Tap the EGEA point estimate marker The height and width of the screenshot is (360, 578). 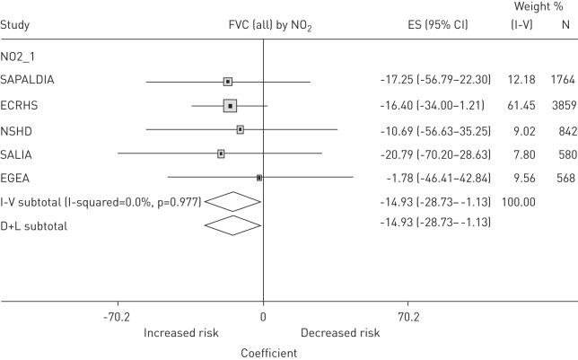pyautogui.click(x=259, y=178)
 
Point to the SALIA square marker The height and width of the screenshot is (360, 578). pyautogui.click(x=221, y=154)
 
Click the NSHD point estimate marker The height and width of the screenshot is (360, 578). pyautogui.click(x=241, y=130)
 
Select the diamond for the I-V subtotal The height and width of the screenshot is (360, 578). pyautogui.click(x=232, y=202)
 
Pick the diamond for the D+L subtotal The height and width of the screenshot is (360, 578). pyautogui.click(x=232, y=225)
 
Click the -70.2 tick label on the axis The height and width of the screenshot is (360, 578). pyautogui.click(x=118, y=317)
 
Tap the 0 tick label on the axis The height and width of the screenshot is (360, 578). pyautogui.click(x=263, y=317)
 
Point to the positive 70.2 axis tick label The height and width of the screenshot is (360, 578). pyautogui.click(x=407, y=317)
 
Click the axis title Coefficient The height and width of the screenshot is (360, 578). pyautogui.click(x=268, y=353)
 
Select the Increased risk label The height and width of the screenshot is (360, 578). pyautogui.click(x=182, y=333)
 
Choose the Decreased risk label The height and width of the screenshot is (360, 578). pyautogui.click(x=339, y=333)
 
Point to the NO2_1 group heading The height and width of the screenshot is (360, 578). pyautogui.click(x=19, y=56)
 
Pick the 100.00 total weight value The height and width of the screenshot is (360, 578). pyautogui.click(x=518, y=202)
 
